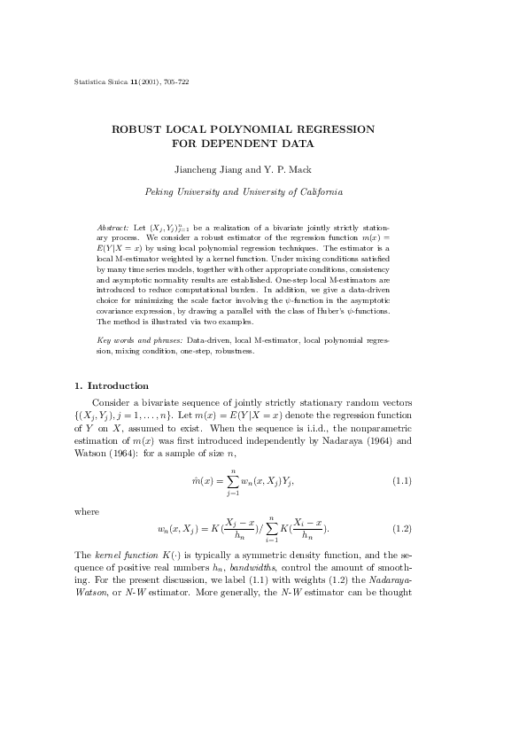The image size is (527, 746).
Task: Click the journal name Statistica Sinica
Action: coord(99,82)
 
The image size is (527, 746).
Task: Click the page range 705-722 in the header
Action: coord(174,82)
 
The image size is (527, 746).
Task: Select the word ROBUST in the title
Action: coord(136,129)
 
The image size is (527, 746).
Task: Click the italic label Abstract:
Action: coord(113,229)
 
